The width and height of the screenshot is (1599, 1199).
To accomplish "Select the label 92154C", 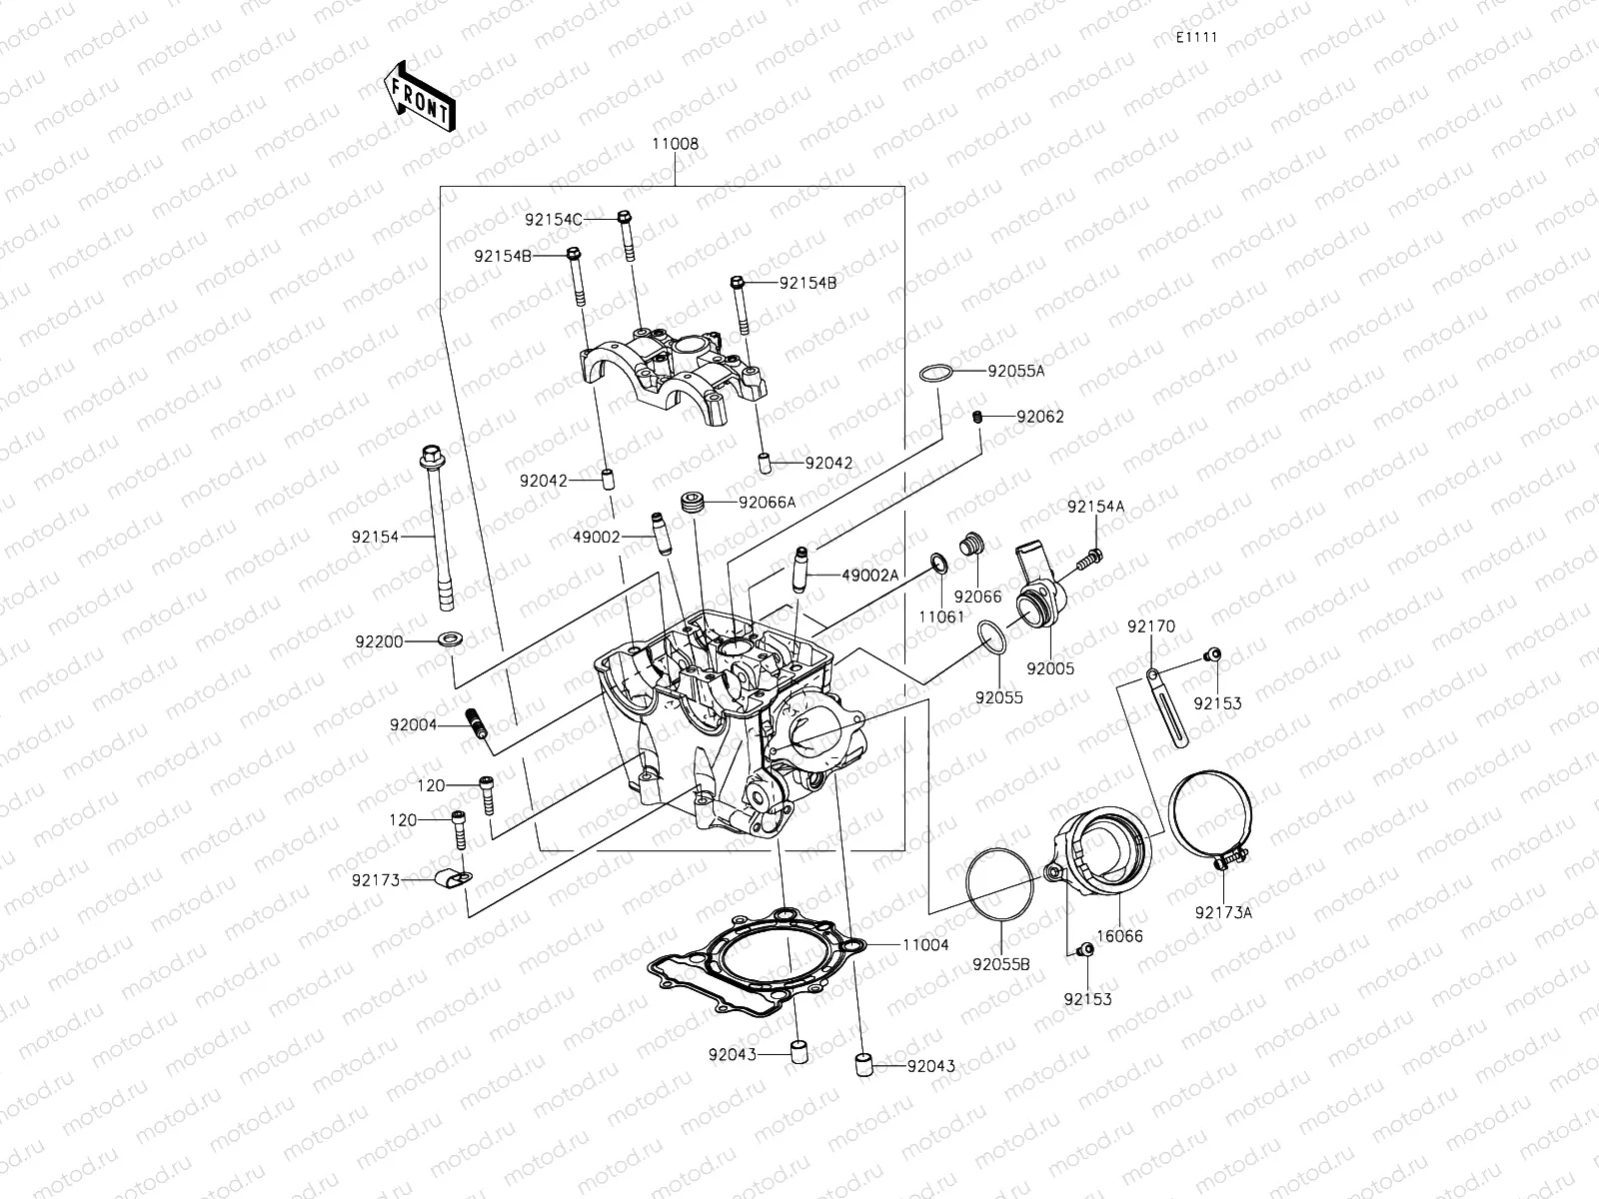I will (553, 218).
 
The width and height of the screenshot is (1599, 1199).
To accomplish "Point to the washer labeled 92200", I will (450, 635).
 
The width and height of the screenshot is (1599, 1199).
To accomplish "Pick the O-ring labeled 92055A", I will (933, 374).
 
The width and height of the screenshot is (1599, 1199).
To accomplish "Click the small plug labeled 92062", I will (979, 416).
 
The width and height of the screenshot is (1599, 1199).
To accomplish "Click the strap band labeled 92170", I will (1167, 705).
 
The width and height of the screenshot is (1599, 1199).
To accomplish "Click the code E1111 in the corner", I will (1195, 37).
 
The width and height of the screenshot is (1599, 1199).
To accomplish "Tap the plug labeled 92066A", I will (692, 502).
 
